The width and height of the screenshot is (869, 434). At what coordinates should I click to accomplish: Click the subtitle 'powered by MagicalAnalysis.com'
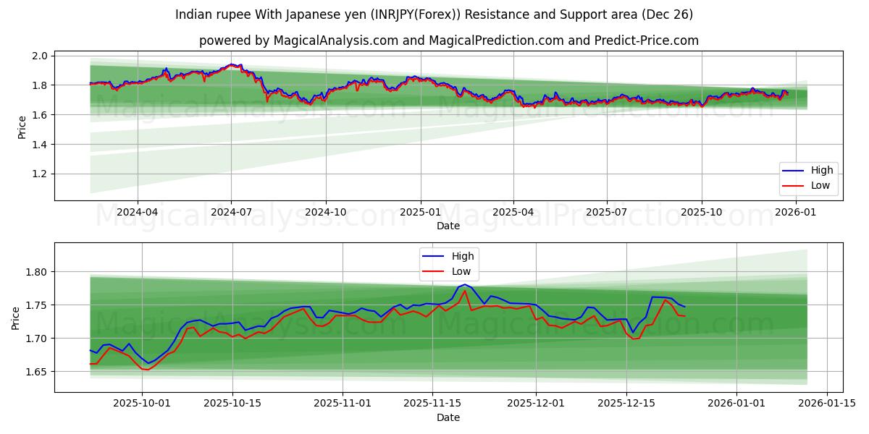click(449, 41)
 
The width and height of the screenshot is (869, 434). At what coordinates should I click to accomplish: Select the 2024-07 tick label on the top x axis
click(231, 212)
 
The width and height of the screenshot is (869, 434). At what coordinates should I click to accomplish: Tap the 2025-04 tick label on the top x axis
click(513, 212)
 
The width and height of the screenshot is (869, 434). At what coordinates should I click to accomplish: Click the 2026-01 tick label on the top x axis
click(796, 212)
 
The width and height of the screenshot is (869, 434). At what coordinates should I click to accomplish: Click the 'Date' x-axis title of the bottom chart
click(448, 417)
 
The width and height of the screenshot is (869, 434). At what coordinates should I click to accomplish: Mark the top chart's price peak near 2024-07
click(231, 64)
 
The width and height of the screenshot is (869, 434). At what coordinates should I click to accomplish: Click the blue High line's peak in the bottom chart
click(464, 284)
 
